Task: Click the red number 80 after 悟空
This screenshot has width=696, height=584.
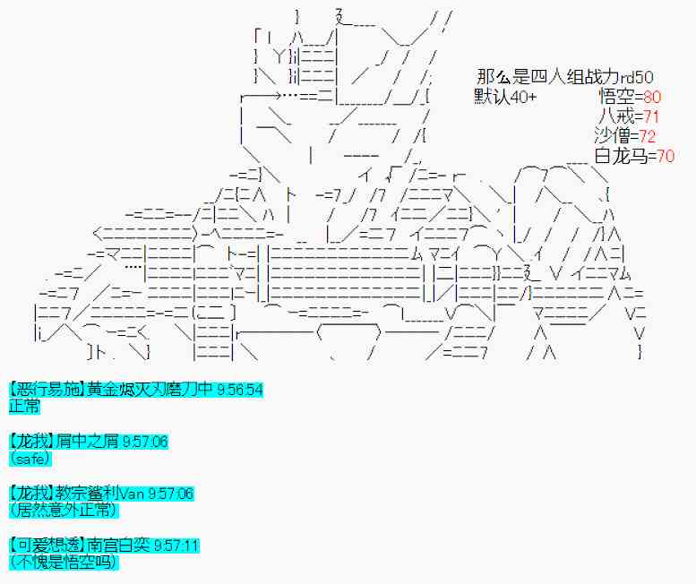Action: [652, 97]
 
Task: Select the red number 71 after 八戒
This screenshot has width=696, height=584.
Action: [651, 116]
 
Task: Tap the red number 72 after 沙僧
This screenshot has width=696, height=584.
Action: [647, 136]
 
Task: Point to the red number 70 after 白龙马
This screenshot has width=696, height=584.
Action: [666, 156]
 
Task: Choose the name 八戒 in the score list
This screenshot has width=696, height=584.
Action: [615, 116]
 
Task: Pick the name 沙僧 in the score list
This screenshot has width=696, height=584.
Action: [611, 136]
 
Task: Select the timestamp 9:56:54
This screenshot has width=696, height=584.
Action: [239, 390]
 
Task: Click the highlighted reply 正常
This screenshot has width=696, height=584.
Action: [24, 406]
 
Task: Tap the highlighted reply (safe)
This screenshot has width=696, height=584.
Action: [30, 459]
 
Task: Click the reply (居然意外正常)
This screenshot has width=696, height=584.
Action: [62, 511]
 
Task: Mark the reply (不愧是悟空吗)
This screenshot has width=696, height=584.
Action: [63, 563]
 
